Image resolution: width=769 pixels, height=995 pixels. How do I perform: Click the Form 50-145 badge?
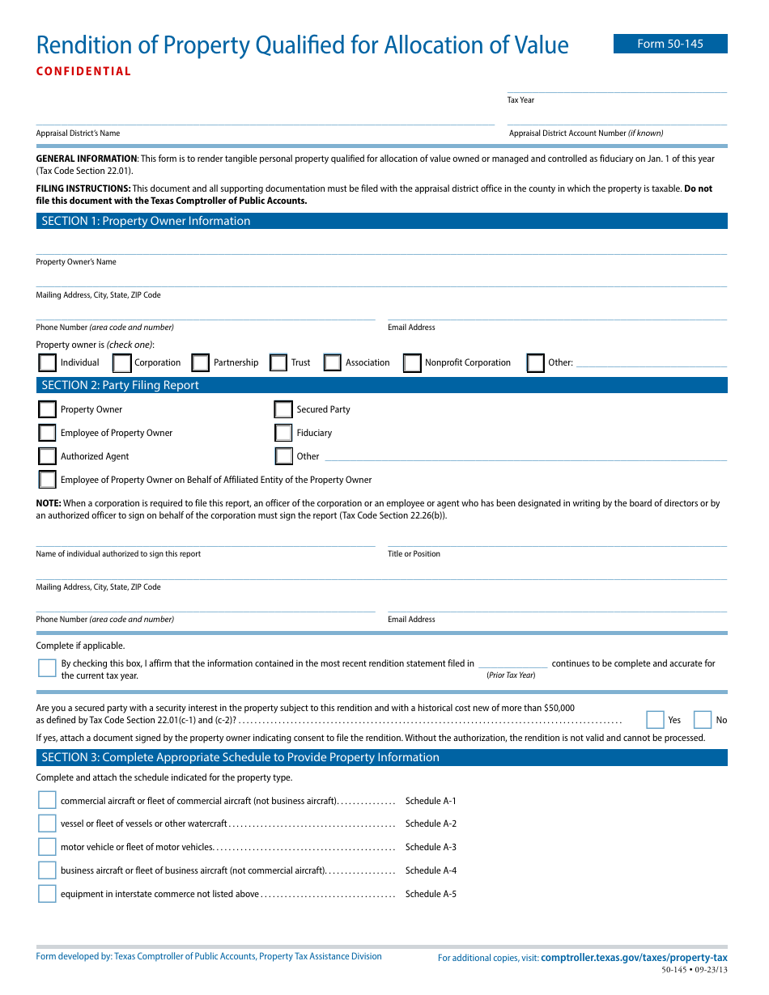669,44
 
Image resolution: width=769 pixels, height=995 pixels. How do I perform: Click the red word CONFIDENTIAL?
83,71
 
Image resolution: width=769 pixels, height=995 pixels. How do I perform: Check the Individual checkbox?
48,362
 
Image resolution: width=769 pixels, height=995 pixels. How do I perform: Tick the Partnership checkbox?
201,362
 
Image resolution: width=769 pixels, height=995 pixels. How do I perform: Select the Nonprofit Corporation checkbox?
412,362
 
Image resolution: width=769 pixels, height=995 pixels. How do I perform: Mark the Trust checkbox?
278,362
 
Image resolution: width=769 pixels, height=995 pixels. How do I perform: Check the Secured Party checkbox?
283,409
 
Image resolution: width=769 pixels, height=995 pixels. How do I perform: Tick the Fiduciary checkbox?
283,433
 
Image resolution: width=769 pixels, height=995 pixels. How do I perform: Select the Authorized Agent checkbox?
48,456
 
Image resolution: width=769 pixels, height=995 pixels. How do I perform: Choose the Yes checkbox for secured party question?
655,720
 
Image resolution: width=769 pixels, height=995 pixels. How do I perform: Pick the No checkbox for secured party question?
703,720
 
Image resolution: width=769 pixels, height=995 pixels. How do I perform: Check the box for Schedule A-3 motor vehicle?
47,847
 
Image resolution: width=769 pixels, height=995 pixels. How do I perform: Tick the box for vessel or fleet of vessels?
47,824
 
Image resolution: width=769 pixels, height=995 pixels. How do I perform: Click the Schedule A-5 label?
431,894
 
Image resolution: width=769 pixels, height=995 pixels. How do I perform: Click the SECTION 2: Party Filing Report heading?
120,385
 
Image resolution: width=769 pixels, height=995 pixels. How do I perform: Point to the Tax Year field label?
520,100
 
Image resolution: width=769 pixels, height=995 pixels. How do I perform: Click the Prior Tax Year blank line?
512,663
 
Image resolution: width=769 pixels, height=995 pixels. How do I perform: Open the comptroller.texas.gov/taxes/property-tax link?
634,957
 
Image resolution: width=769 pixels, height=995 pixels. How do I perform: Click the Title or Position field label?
414,554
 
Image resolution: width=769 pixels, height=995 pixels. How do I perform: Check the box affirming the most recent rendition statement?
47,667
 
